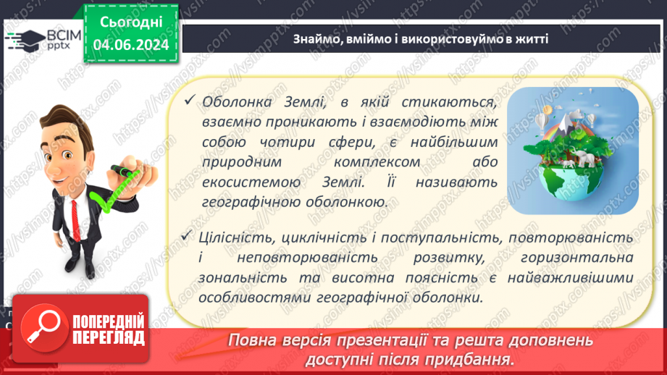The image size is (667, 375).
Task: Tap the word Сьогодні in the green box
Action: (131, 24)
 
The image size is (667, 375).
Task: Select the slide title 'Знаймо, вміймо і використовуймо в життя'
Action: (420, 38)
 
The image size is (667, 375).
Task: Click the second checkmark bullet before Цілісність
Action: (190, 237)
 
